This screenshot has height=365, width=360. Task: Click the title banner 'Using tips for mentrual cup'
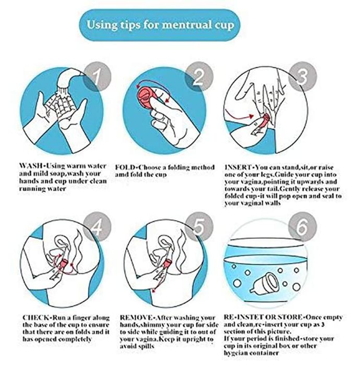pyautogui.click(x=160, y=25)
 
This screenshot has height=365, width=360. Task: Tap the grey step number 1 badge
pyautogui.click(x=97, y=76)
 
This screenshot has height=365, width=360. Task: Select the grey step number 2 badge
pyautogui.click(x=199, y=76)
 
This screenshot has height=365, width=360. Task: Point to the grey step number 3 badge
pyautogui.click(x=303, y=76)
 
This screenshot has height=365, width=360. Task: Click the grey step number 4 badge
pyautogui.click(x=97, y=226)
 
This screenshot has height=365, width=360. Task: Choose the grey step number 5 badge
pyautogui.click(x=199, y=226)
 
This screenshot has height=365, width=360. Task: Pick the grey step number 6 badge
pyautogui.click(x=303, y=226)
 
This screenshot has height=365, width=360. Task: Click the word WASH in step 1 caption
pyautogui.click(x=31, y=166)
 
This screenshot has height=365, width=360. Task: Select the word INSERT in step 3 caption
pyautogui.click(x=238, y=167)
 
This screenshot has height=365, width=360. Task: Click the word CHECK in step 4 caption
pyautogui.click(x=36, y=318)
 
